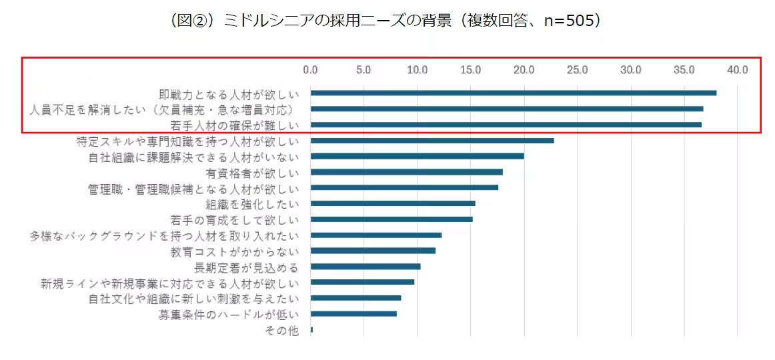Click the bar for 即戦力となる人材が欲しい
(x=513, y=93)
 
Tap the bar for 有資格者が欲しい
(x=406, y=172)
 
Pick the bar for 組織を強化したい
(x=393, y=203)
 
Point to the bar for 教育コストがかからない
(x=373, y=251)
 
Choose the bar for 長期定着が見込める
(x=365, y=267)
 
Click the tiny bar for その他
(x=311, y=330)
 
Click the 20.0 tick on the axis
(x=524, y=69)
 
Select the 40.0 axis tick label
(x=738, y=69)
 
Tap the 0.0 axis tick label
(x=310, y=69)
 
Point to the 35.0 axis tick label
(x=684, y=69)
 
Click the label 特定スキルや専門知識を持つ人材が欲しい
(x=187, y=141)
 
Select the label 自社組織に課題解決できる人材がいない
(x=193, y=157)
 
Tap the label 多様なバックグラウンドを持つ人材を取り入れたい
(x=164, y=236)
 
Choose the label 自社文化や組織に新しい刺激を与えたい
(x=193, y=299)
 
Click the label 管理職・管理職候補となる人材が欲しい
(x=193, y=189)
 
